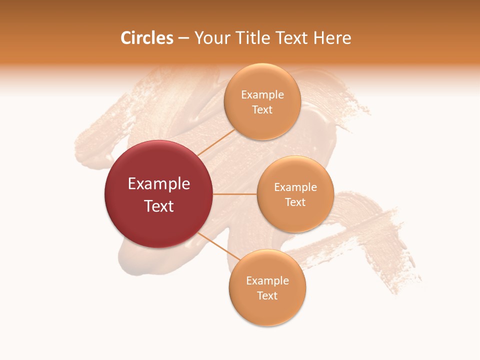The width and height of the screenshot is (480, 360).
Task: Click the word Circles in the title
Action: [x=146, y=38]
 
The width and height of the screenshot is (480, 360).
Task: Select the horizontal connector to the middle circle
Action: [x=235, y=194]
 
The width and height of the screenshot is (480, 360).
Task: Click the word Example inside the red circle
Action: [x=159, y=184]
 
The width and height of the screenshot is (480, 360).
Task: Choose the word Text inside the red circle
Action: [x=159, y=206]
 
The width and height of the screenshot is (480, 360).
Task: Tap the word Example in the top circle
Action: [x=262, y=95]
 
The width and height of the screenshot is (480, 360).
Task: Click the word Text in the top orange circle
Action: [x=262, y=110]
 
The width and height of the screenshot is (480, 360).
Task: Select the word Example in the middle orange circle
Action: [x=295, y=187]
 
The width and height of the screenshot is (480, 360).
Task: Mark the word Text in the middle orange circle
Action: [x=295, y=202]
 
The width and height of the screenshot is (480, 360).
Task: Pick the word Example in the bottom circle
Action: [x=267, y=281]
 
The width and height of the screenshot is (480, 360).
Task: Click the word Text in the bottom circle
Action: [x=267, y=296]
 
